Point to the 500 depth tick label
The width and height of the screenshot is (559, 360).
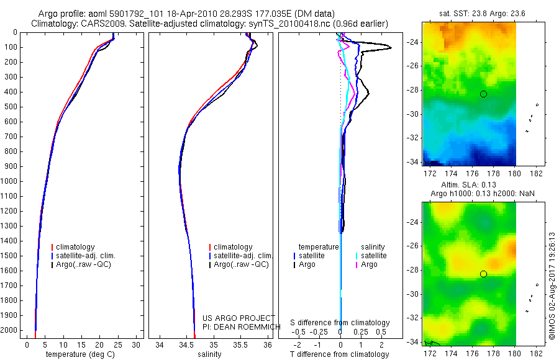point(11,107)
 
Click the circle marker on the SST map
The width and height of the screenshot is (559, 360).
point(483,94)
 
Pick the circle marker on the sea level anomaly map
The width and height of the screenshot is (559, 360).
point(483,274)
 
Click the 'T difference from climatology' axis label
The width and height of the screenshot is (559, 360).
point(339,354)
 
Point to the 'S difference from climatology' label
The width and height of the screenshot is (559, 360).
point(340,323)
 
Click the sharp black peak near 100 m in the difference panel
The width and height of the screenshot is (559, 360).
point(390,48)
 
